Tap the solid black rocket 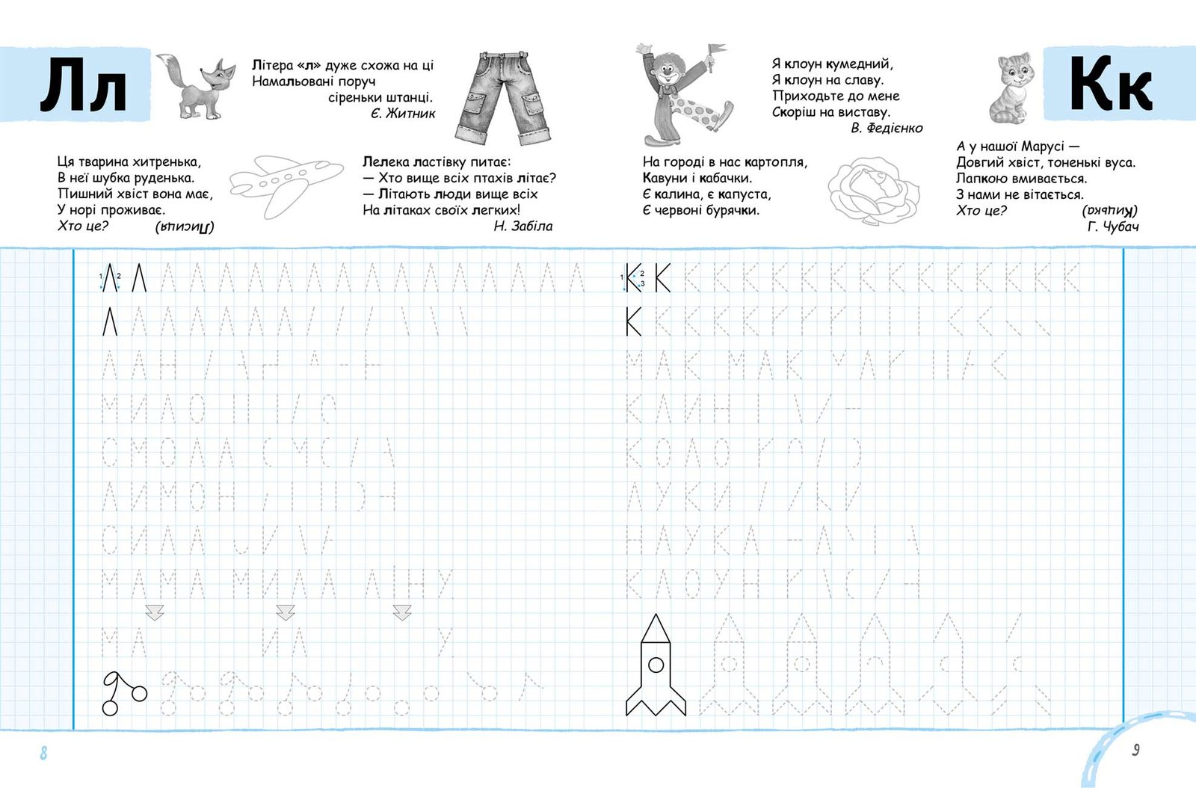pyautogui.click(x=656, y=665)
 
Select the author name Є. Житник pyautogui.click(x=403, y=114)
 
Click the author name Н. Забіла pyautogui.click(x=523, y=226)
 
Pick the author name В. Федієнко pyautogui.click(x=887, y=129)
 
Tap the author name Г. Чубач pyautogui.click(x=1113, y=227)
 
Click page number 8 pyautogui.click(x=43, y=752)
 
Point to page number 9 pyautogui.click(x=1135, y=749)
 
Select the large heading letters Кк pyautogui.click(x=1111, y=84)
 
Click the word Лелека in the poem pyautogui.click(x=386, y=161)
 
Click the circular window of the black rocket pyautogui.click(x=656, y=664)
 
